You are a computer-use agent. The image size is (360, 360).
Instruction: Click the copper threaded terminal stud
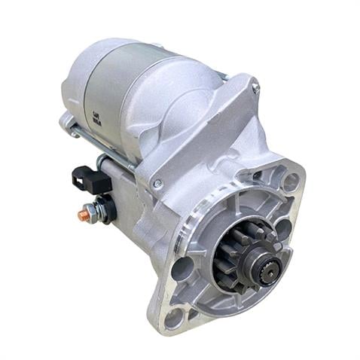(x=83, y=215)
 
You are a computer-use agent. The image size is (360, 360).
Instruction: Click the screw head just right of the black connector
(x=157, y=183)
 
